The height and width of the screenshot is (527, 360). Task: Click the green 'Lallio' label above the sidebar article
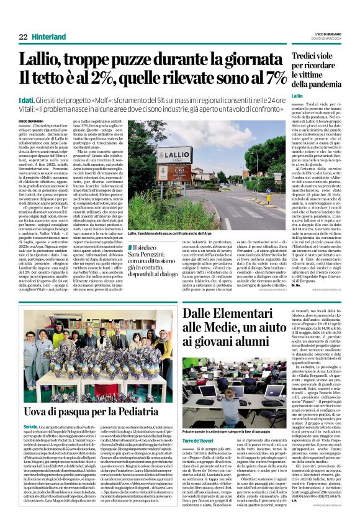tap(296, 96)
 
